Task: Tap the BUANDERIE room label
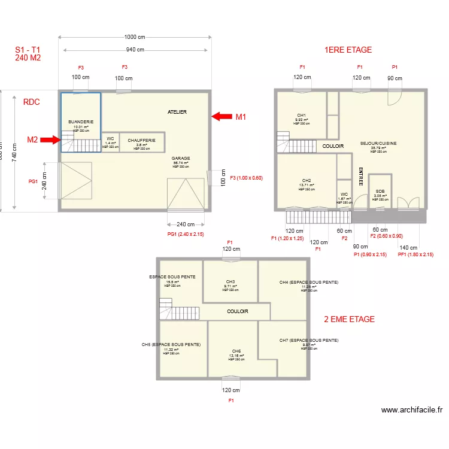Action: (80, 122)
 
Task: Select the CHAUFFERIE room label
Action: (141, 140)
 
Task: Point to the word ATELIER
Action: (177, 112)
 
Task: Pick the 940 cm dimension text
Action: (134, 50)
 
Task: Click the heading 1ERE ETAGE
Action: (348, 50)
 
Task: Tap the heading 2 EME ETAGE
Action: (349, 319)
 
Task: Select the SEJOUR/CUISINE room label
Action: (378, 144)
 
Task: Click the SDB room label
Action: (380, 191)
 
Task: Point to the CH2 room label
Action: (307, 180)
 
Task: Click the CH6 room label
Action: (236, 351)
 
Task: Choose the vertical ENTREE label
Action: (361, 177)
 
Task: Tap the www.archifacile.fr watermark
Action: (412, 410)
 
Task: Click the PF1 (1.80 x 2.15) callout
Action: (408, 255)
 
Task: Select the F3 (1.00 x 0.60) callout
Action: (246, 178)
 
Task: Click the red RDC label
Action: (31, 102)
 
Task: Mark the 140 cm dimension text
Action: (408, 247)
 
